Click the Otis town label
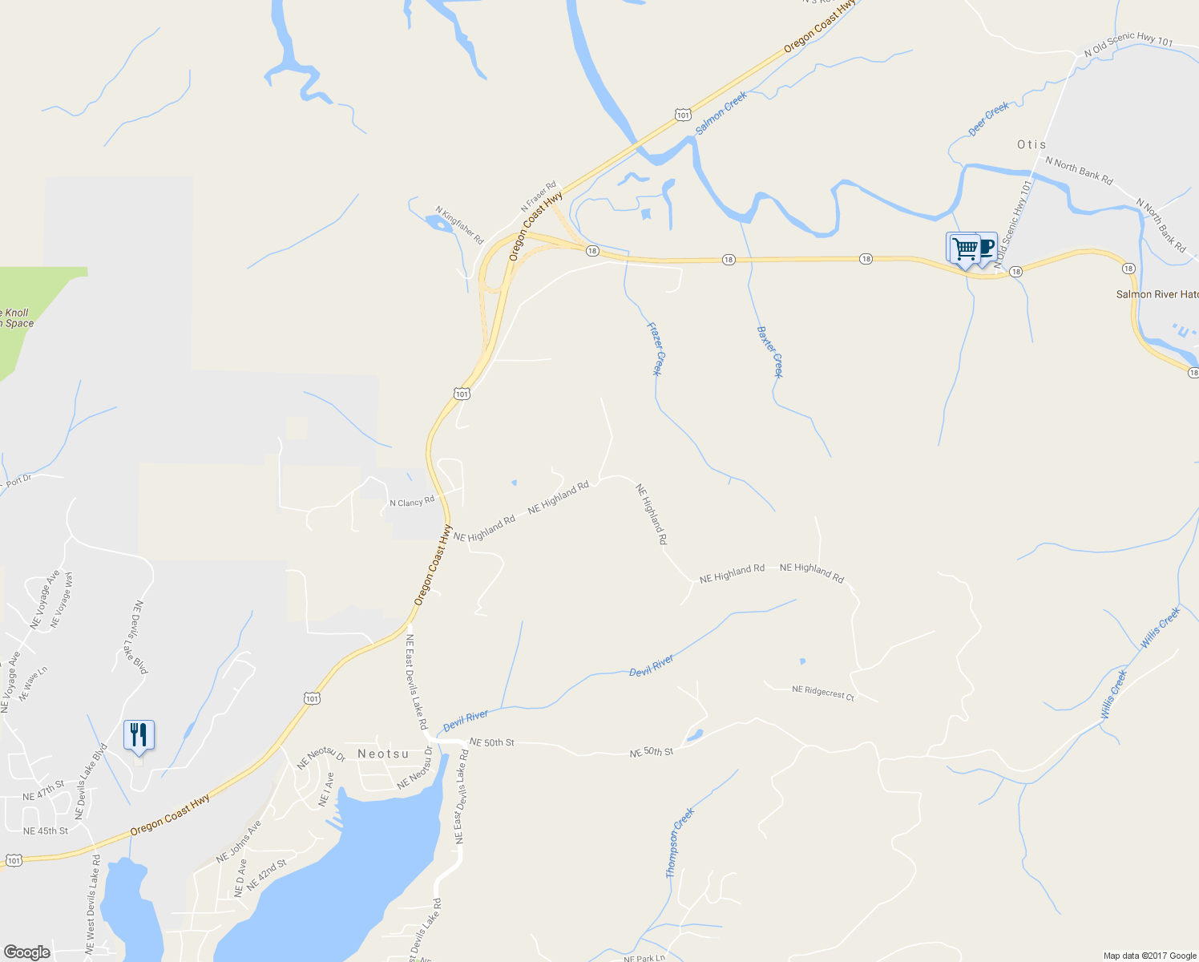(x=1031, y=145)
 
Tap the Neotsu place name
(x=383, y=754)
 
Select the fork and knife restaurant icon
(x=139, y=734)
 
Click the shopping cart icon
(x=964, y=248)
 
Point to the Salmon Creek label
(x=721, y=112)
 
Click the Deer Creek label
(x=989, y=119)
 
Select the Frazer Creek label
(x=656, y=349)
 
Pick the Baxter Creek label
(x=769, y=351)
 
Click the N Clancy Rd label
(x=412, y=502)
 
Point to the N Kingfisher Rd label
(x=460, y=225)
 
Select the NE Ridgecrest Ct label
(x=823, y=693)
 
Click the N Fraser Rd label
(x=538, y=196)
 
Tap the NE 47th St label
(x=42, y=791)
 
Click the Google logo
(x=27, y=952)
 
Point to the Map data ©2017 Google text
(x=1149, y=956)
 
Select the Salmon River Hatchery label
(x=1157, y=294)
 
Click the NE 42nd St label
(x=267, y=875)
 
